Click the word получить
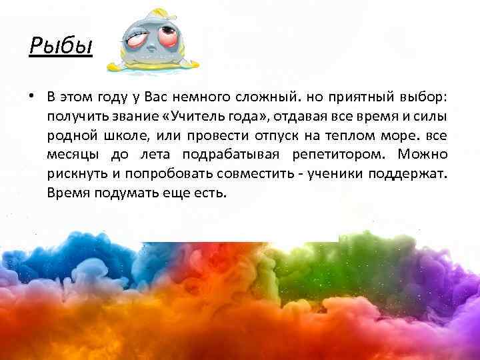tap(76, 117)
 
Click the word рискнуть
tap(73, 175)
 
